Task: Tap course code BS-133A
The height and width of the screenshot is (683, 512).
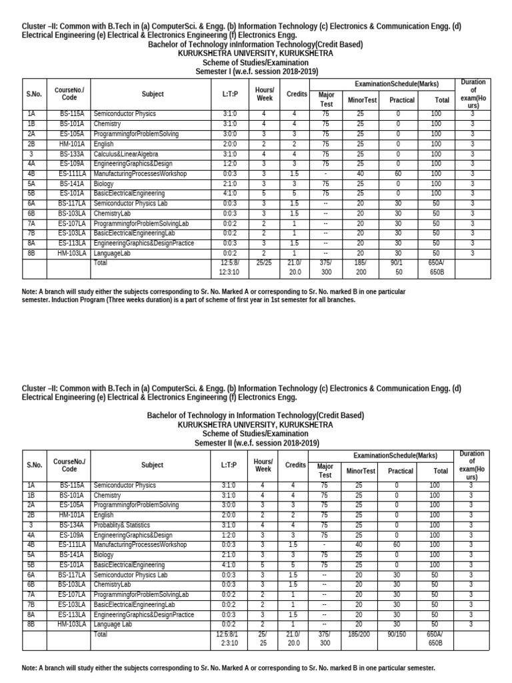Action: pos(71,153)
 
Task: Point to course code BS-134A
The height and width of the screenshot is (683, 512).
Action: pos(71,525)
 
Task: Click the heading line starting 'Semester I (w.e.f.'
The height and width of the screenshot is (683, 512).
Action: pos(257,71)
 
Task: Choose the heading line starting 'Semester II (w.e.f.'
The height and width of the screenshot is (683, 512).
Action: pos(257,443)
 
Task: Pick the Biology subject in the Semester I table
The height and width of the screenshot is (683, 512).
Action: pos(104,183)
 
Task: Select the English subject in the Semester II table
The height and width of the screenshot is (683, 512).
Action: pos(104,515)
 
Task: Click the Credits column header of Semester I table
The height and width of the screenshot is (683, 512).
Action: pos(297,95)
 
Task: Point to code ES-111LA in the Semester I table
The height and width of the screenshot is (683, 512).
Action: pos(71,173)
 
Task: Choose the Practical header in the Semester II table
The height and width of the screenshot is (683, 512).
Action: pos(401,470)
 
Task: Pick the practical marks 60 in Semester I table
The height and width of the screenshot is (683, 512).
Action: pos(398,173)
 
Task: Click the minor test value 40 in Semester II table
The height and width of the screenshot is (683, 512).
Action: pos(360,544)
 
